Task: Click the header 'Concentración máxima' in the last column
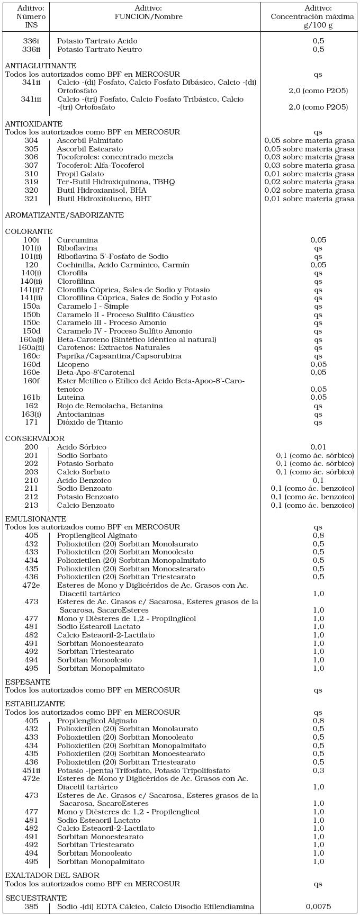click(x=312, y=16)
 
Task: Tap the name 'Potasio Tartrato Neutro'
click(x=100, y=49)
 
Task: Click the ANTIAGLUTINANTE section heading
click(x=41, y=66)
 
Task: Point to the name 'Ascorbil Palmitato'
click(x=90, y=140)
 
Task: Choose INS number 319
click(x=32, y=182)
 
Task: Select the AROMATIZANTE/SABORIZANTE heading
click(x=65, y=215)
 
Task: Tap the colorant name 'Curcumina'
click(x=77, y=240)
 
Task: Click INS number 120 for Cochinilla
click(x=32, y=265)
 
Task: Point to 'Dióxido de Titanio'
click(x=90, y=422)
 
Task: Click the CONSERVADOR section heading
click(x=35, y=438)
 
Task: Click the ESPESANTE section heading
click(x=28, y=682)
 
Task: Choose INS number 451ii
click(x=32, y=770)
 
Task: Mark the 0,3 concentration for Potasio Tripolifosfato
click(x=318, y=770)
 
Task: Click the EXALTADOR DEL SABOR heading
click(x=52, y=875)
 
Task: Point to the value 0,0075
click(x=318, y=906)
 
